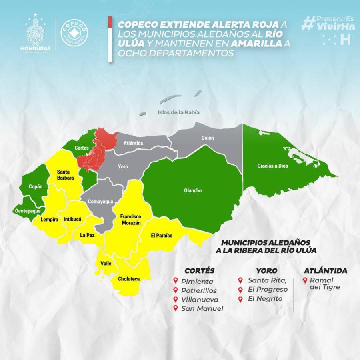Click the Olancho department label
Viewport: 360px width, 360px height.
click(193, 191)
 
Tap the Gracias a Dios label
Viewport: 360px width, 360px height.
click(272, 165)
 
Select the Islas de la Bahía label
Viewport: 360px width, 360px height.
click(179, 112)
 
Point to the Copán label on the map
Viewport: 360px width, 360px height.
click(35, 186)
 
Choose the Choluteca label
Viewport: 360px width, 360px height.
click(129, 279)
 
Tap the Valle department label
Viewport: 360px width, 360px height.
click(106, 264)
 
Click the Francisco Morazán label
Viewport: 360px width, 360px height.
click(130, 220)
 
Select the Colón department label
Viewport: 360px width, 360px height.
click(208, 138)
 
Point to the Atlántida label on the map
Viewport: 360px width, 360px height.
click(133, 143)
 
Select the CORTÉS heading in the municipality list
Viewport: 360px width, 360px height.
click(199, 271)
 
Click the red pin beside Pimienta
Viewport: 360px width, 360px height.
click(175, 281)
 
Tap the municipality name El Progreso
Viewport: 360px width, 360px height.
click(268, 289)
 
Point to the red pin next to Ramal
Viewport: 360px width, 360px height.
click(306, 280)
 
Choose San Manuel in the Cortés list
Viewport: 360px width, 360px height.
click(202, 308)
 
